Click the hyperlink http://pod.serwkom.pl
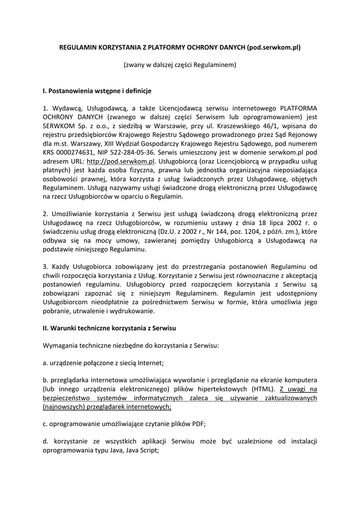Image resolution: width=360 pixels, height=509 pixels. pos(121,162)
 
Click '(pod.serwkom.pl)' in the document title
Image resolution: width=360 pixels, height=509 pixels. pos(274,48)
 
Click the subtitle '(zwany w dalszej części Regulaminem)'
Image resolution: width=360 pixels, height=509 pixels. pos(180,65)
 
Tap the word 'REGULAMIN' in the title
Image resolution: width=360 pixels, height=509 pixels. pos(81,48)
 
